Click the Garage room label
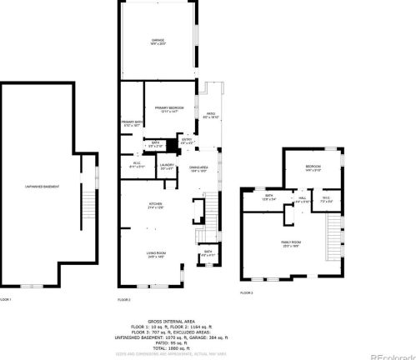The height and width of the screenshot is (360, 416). [158, 41]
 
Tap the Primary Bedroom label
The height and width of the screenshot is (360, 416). [169, 108]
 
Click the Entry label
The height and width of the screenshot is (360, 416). [187, 140]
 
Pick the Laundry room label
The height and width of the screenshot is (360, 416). [166, 166]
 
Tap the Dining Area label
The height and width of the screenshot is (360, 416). [198, 169]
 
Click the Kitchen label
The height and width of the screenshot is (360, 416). [156, 204]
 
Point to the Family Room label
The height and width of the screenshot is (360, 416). [291, 243]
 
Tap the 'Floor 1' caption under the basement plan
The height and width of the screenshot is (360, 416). [7, 298]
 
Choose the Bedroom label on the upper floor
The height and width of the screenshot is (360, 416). [313, 168]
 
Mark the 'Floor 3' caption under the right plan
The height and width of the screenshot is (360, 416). [247, 293]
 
